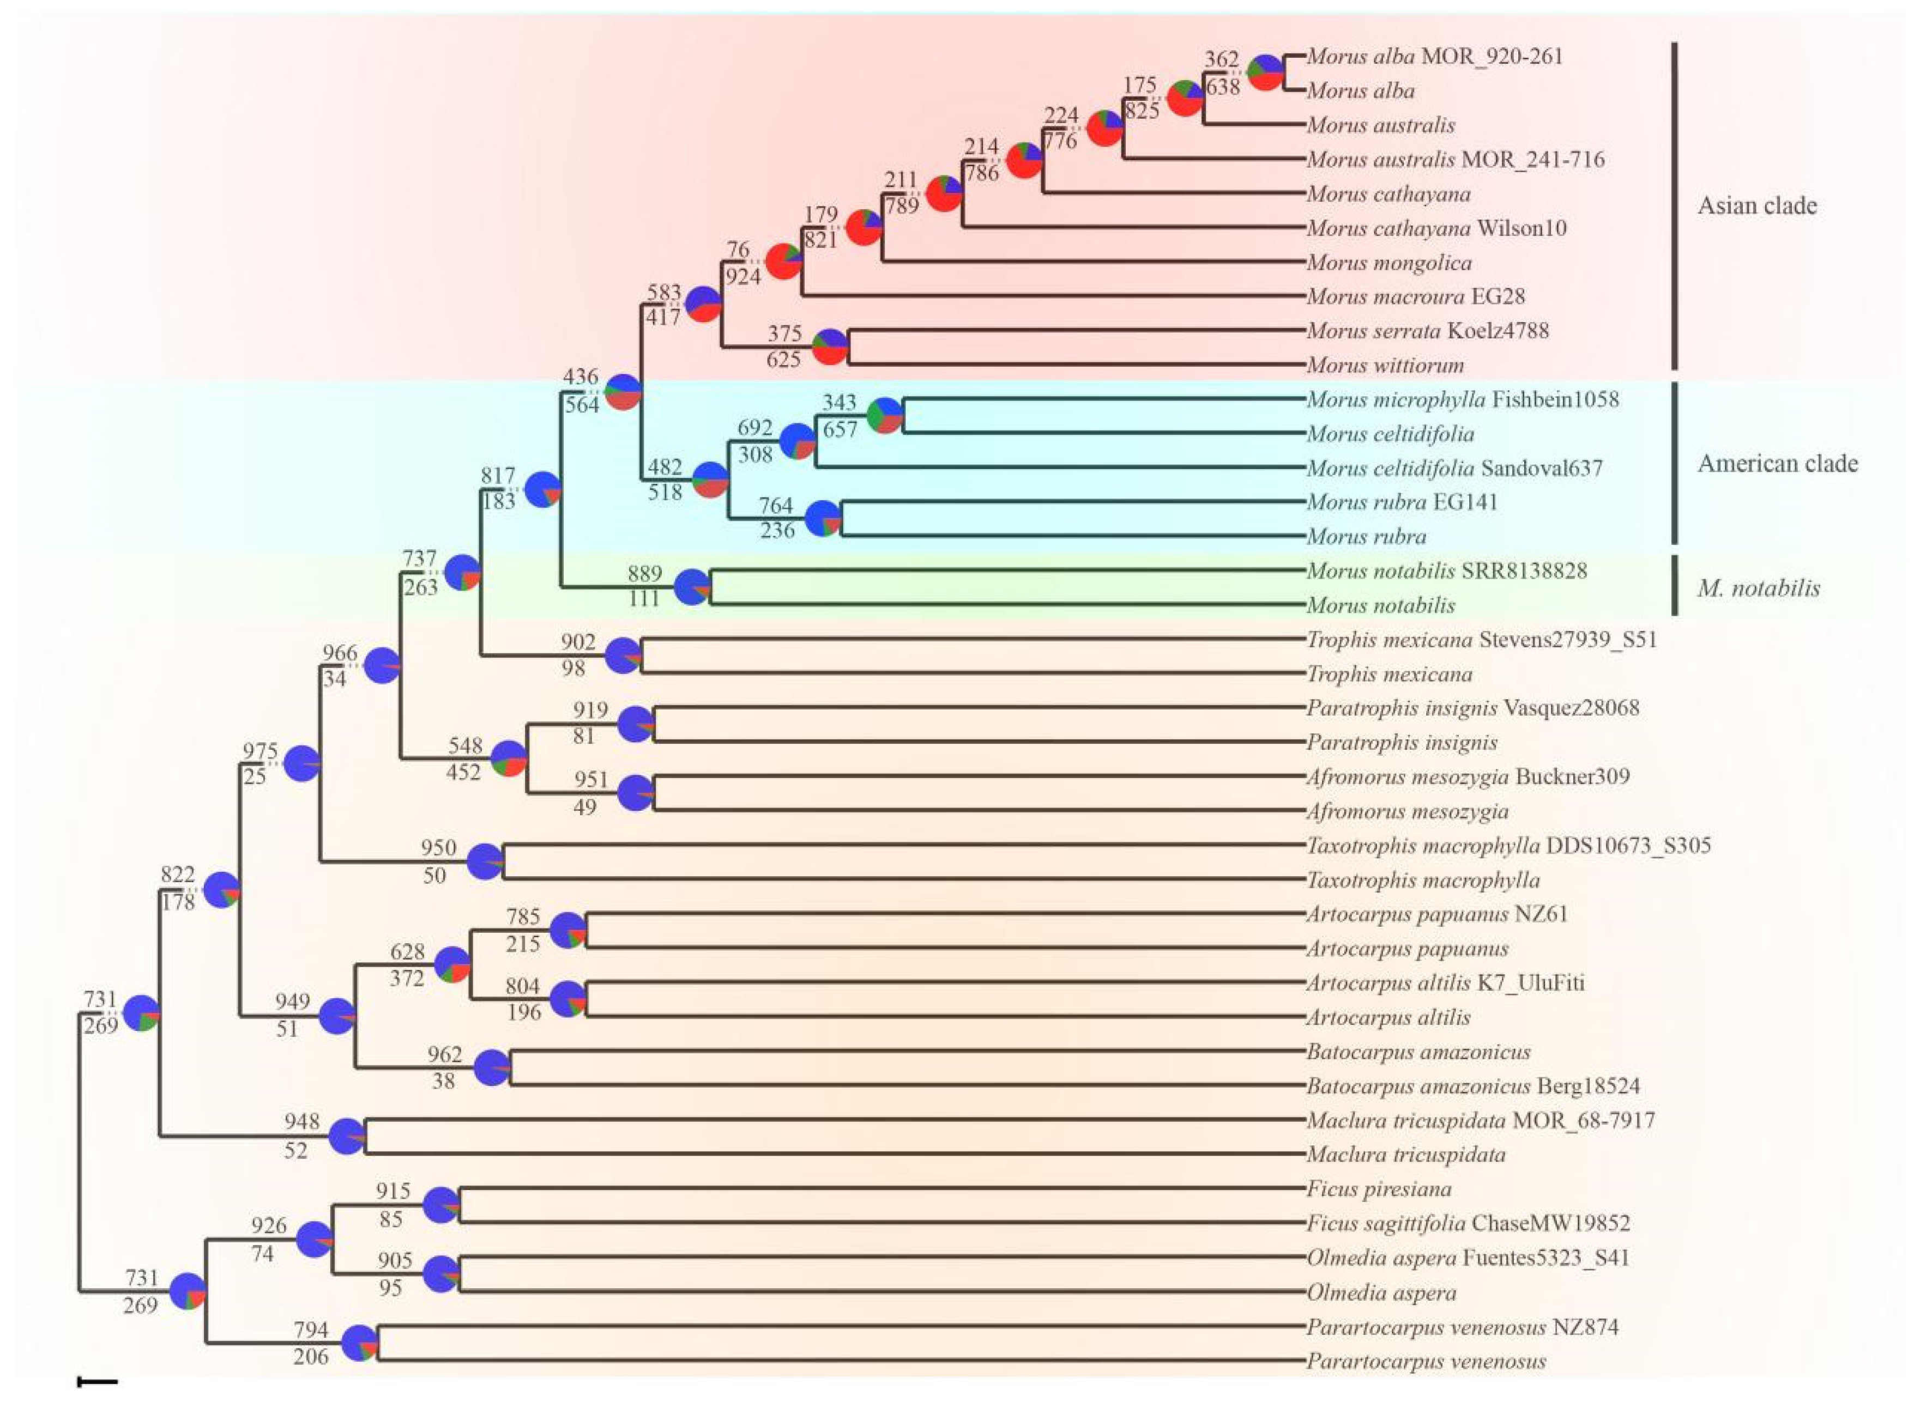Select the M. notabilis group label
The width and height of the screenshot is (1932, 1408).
[1758, 588]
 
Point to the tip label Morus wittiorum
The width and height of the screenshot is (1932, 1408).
[1385, 366]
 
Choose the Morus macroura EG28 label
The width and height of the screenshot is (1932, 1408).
[1415, 296]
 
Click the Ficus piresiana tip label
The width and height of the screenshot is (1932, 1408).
[1379, 1189]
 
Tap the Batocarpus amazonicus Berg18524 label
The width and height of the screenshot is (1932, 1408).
[1472, 1087]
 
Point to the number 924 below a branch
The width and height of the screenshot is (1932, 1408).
[742, 276]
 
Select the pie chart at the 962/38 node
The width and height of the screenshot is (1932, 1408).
[492, 1069]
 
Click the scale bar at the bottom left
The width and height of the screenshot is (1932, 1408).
[97, 1382]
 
